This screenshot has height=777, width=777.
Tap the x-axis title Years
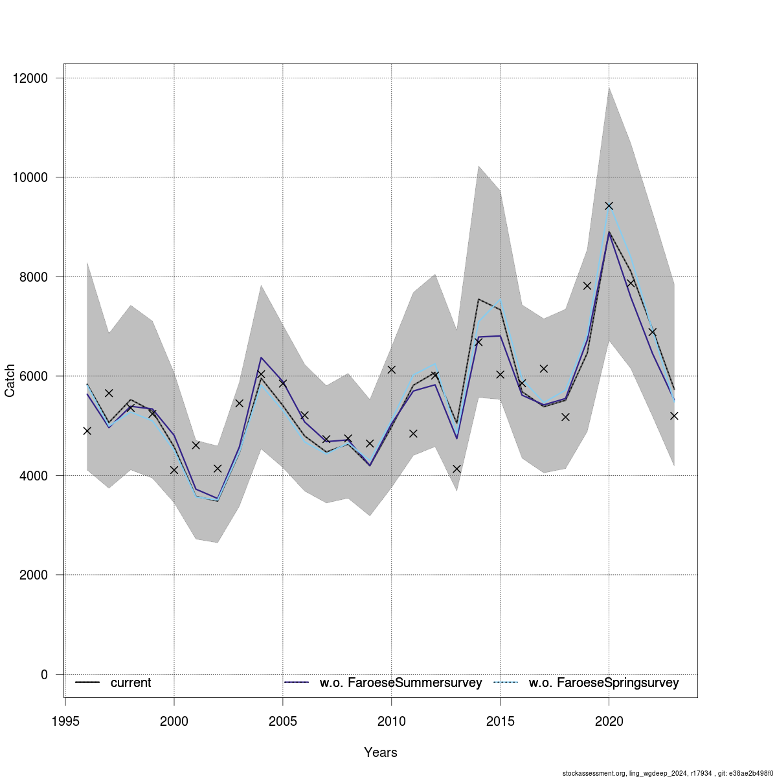pos(381,752)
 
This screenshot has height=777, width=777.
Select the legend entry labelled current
pos(130,683)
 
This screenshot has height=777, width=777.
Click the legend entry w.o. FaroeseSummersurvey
pos(400,683)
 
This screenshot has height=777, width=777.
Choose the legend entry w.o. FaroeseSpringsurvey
pos(603,683)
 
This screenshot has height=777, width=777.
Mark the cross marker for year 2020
pos(609,206)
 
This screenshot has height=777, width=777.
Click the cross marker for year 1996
pos(87,431)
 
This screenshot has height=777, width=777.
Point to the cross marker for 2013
pos(456,468)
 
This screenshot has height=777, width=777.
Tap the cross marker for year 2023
pos(674,416)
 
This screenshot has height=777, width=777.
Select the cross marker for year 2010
pos(392,369)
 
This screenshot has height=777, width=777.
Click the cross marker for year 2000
pos(174,469)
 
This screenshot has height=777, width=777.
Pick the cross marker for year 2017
pos(544,368)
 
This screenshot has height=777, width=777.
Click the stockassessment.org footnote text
pos(669,773)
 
